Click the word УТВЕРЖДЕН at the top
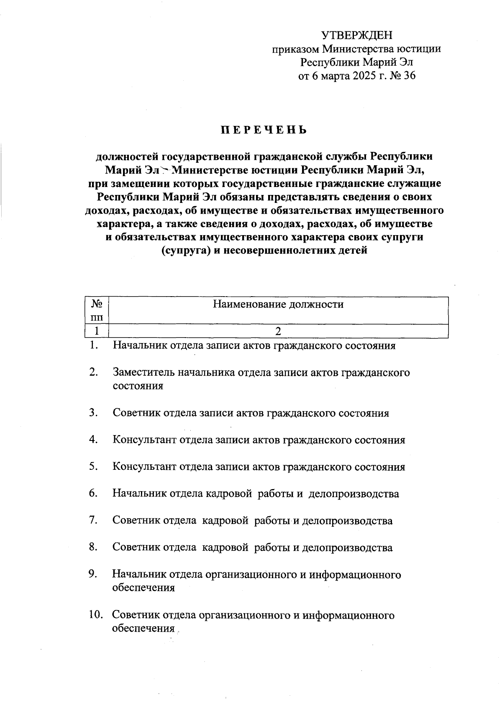pyautogui.click(x=357, y=35)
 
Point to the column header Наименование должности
pyautogui.click(x=278, y=304)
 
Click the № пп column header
pyautogui.click(x=97, y=310)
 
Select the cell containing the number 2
pyautogui.click(x=278, y=331)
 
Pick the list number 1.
pyautogui.click(x=94, y=346)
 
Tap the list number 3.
pyautogui.click(x=93, y=413)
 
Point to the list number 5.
pyautogui.click(x=93, y=467)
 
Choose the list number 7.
pyautogui.click(x=93, y=521)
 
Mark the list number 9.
pyautogui.click(x=93, y=574)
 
